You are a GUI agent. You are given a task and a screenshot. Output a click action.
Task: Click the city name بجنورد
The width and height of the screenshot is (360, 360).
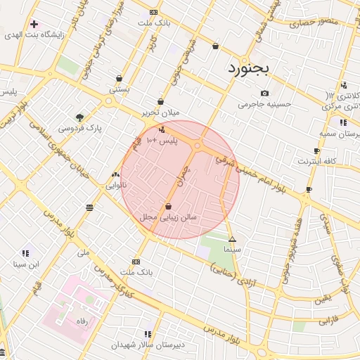(252, 69)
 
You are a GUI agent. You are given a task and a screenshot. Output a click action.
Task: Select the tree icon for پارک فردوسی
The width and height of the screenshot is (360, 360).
(79, 117)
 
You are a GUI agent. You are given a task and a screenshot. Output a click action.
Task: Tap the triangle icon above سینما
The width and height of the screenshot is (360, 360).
(232, 239)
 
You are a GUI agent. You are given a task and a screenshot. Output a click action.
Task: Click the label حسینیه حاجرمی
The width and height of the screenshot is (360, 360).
(264, 105)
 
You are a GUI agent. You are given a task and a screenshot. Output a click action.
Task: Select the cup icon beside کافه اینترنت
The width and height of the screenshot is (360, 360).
(316, 150)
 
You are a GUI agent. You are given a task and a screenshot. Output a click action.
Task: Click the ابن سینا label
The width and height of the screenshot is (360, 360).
(25, 264)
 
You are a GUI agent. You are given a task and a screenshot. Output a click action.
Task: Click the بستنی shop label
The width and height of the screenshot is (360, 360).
(119, 89)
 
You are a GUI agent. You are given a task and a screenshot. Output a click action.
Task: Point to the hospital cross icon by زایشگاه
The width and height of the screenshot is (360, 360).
(34, 24)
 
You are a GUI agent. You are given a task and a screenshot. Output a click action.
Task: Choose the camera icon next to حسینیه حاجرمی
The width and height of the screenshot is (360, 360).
(264, 94)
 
